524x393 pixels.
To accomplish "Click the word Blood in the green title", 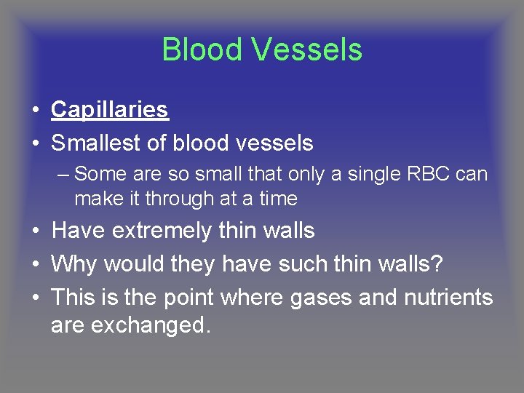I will point(202,50).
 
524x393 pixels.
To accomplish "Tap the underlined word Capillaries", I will point(110,110).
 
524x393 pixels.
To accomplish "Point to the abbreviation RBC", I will point(430,175).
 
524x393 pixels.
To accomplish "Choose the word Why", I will point(76,264).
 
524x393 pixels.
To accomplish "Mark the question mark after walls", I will point(436,264).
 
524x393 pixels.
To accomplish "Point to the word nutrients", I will point(449,298).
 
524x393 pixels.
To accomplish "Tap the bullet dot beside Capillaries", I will point(35,111).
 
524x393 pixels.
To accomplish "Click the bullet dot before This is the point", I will point(35,298).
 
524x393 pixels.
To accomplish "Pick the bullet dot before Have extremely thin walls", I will point(35,231).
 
